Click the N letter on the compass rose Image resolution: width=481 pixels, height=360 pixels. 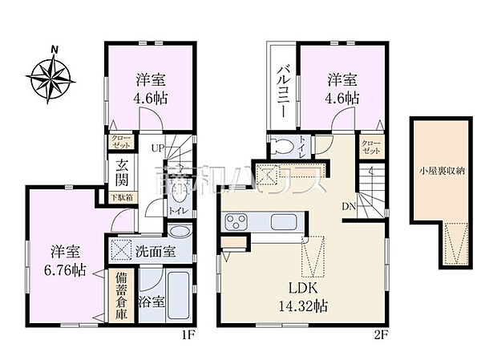pos(55,48)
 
